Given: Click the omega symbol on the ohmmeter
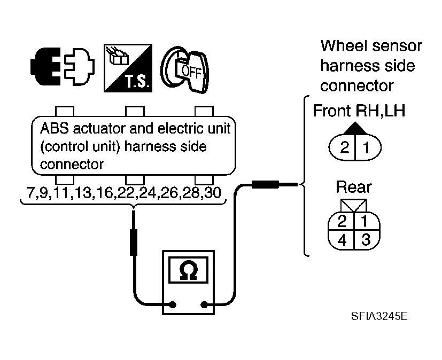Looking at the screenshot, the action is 188,271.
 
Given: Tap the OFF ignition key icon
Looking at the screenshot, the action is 185,69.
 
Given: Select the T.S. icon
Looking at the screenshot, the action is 128,68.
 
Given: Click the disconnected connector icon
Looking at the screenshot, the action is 63,66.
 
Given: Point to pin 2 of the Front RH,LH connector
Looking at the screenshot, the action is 345,147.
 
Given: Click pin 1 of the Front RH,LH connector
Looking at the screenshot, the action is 366,147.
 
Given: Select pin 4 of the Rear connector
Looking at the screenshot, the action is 342,240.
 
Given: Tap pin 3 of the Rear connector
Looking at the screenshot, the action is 366,240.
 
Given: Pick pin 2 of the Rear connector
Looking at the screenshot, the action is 342,221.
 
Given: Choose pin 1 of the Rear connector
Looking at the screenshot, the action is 365,221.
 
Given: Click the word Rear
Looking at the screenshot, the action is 354,187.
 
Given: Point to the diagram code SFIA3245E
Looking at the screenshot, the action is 379,316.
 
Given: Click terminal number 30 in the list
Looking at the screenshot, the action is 213,193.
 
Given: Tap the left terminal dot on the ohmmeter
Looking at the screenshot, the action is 173,304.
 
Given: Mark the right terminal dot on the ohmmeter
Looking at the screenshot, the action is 204,304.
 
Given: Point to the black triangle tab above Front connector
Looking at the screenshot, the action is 355,128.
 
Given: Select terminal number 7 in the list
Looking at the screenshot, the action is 30,193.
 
